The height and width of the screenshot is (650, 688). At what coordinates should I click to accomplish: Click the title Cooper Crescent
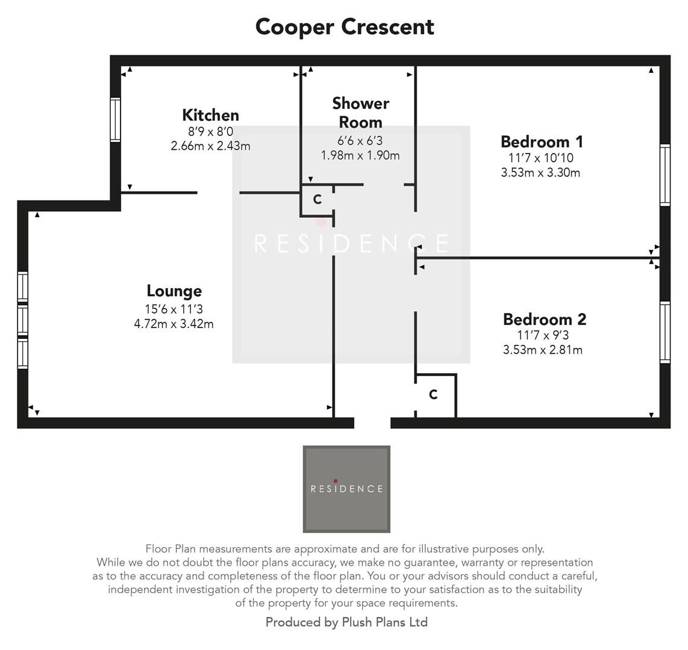345,27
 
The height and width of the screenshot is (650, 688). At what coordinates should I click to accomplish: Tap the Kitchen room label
210,115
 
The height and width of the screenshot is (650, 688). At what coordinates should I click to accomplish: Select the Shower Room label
360,113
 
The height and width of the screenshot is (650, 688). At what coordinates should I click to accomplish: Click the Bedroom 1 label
541,142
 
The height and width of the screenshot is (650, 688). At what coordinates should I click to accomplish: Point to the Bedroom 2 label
544,319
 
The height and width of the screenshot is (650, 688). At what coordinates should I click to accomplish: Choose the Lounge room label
174,291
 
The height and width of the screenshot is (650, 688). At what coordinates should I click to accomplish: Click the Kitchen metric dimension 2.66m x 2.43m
210,146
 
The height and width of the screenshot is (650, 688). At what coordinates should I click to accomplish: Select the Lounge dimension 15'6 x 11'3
174,309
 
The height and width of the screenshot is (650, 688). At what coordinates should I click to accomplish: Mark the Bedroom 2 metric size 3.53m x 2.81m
542,350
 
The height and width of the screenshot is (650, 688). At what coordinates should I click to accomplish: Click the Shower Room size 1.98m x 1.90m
360,155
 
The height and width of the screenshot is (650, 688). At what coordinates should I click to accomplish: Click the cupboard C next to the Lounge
317,200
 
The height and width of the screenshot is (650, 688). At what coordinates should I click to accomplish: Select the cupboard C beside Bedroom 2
433,395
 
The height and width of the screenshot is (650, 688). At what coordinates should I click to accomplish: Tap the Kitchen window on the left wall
115,120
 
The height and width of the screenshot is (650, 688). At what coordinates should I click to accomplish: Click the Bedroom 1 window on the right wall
665,175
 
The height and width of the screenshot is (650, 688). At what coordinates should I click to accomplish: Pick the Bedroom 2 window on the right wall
665,332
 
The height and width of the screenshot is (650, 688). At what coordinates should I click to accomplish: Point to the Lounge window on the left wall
22,320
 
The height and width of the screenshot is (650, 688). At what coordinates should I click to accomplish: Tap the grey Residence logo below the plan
346,489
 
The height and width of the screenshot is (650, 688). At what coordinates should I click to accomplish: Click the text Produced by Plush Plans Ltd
346,622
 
